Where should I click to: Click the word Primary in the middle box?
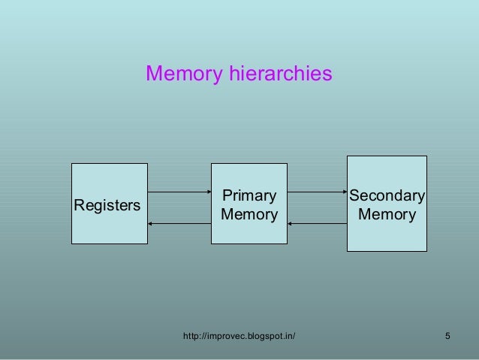pos(249,196)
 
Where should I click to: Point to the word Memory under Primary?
pos(249,216)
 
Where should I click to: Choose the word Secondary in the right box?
pos(387,196)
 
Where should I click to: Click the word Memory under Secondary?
pos(387,216)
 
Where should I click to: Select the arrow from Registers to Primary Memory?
pos(179,192)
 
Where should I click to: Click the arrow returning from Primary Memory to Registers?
pos(179,223)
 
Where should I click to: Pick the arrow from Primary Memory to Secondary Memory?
pos(316,192)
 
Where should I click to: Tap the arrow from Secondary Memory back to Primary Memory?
pos(316,223)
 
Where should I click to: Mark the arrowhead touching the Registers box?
pos(151,223)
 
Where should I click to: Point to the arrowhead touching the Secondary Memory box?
pos(342,192)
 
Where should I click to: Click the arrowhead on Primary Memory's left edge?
pos(207,192)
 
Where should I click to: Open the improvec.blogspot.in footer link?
pos(239,335)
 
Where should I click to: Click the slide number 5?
pos(447,335)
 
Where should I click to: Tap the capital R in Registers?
pos(77,205)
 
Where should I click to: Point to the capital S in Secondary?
pos(355,196)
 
